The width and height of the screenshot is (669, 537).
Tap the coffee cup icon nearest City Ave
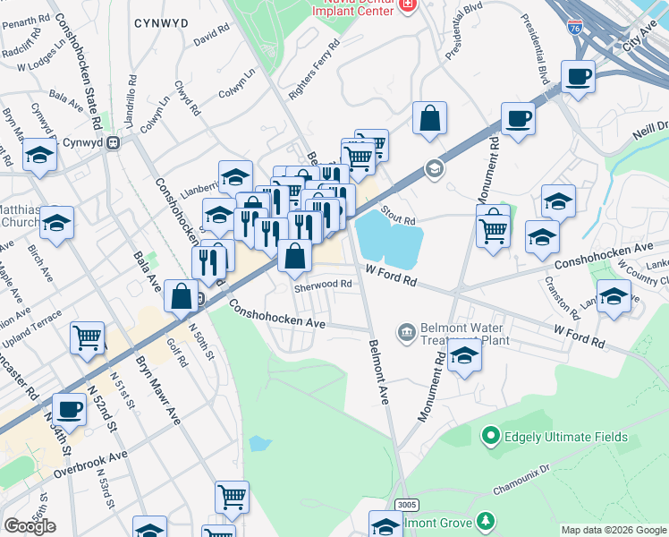[x=578, y=78]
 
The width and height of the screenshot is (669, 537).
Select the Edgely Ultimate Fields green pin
[x=490, y=437]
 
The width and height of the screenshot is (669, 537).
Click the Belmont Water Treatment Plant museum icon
[x=406, y=333]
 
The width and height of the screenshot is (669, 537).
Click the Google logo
[x=30, y=525]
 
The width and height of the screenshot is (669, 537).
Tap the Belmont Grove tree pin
[x=485, y=521]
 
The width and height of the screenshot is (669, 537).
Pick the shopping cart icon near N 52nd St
[x=87, y=339]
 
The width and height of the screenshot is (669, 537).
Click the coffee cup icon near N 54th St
[x=70, y=410]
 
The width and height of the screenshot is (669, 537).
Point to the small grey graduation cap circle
[x=435, y=169]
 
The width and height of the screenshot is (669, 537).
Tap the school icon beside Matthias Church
[x=56, y=224]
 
